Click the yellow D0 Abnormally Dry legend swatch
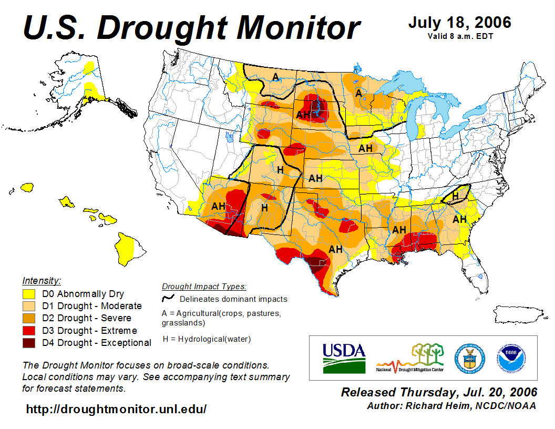pyautogui.click(x=29, y=293)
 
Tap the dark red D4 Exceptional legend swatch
pyautogui.click(x=29, y=343)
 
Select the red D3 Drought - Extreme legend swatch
pyautogui.click(x=29, y=331)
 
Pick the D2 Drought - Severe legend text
pyautogui.click(x=87, y=318)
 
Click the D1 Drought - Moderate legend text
pyautogui.click(x=92, y=306)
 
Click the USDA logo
pyautogui.click(x=344, y=358)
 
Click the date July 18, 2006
pyautogui.click(x=459, y=23)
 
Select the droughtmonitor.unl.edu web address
pyautogui.click(x=116, y=409)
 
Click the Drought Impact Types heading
pyautogui.click(x=204, y=287)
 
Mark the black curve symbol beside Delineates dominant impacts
pyautogui.click(x=168, y=298)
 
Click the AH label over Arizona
pyautogui.click(x=218, y=206)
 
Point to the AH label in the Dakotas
pyautogui.click(x=303, y=115)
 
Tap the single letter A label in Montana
pyautogui.click(x=275, y=77)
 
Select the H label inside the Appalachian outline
pyautogui.click(x=456, y=196)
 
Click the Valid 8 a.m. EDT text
pyautogui.click(x=459, y=36)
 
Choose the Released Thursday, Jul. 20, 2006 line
pyautogui.click(x=439, y=392)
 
